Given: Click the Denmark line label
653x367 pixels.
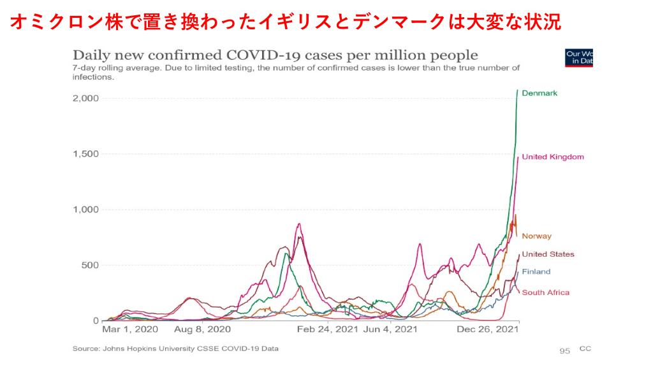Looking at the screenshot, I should pos(539,93).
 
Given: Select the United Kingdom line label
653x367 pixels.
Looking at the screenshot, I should pos(552,157).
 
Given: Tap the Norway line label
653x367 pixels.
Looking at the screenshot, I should pos(536,236).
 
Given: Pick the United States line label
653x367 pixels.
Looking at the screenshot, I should pos(548,254).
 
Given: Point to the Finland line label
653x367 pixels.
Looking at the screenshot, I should pos(536,271).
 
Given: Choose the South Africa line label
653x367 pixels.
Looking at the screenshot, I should pos(545,292).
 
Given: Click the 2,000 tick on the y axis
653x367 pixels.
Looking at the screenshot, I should pos(85,98).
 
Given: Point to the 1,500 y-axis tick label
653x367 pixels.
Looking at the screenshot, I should pos(85,154).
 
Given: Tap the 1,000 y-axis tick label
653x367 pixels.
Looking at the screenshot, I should pos(85,210).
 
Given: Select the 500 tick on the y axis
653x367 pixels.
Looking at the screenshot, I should pos(90,265).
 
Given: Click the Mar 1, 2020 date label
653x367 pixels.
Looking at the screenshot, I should pos(130,330).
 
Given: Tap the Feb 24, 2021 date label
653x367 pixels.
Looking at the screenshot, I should pos(328,330).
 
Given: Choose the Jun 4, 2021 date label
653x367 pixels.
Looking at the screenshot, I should pos(390,330).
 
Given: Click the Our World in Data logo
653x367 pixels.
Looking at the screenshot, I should pos(579,57).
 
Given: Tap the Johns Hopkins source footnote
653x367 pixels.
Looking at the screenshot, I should pos(175,349).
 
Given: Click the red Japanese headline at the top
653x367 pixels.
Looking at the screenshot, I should pos(285,23).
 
